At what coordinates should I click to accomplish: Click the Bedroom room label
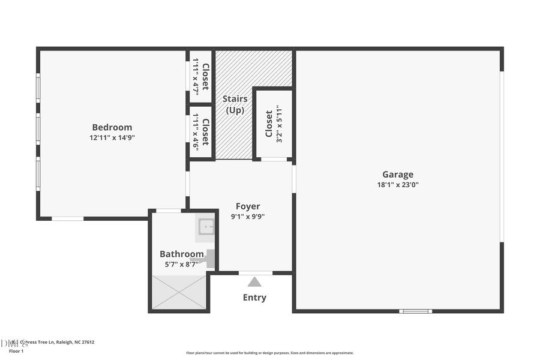click(112, 127)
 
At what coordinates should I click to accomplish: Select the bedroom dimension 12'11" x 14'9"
click(112, 137)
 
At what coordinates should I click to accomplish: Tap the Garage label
click(398, 175)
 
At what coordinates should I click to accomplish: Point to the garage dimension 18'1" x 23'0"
click(398, 185)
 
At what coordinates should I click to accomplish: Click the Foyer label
click(247, 206)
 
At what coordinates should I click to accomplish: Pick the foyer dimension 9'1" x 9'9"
click(247, 217)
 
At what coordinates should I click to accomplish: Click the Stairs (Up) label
click(235, 104)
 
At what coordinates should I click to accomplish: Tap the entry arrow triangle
click(255, 282)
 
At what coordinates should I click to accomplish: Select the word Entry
click(254, 298)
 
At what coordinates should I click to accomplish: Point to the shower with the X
click(179, 292)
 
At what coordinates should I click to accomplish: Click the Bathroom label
click(181, 254)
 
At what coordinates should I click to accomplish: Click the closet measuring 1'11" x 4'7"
click(200, 76)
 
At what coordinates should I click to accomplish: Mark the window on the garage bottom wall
click(416, 311)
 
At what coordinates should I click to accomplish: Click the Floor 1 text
click(16, 351)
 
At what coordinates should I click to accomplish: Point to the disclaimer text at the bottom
click(269, 353)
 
